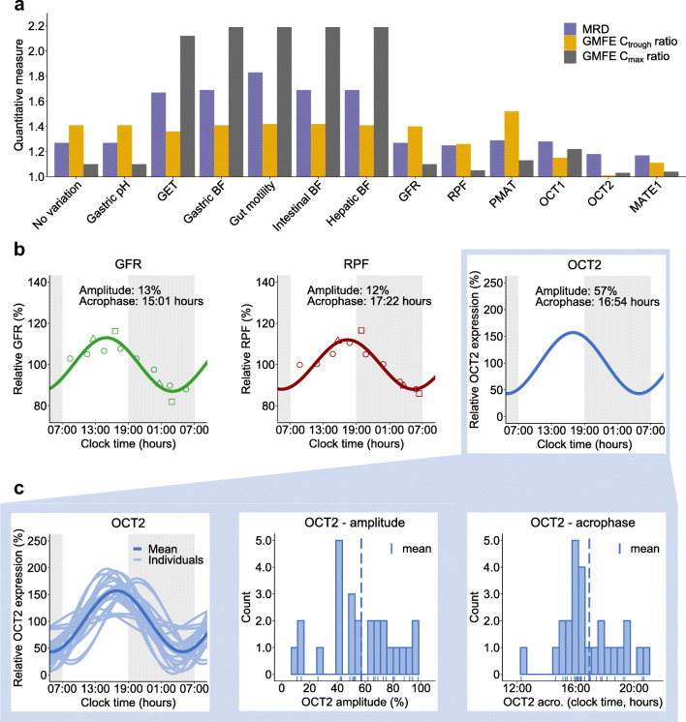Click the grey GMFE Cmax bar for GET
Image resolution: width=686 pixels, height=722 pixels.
pyautogui.click(x=186, y=106)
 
